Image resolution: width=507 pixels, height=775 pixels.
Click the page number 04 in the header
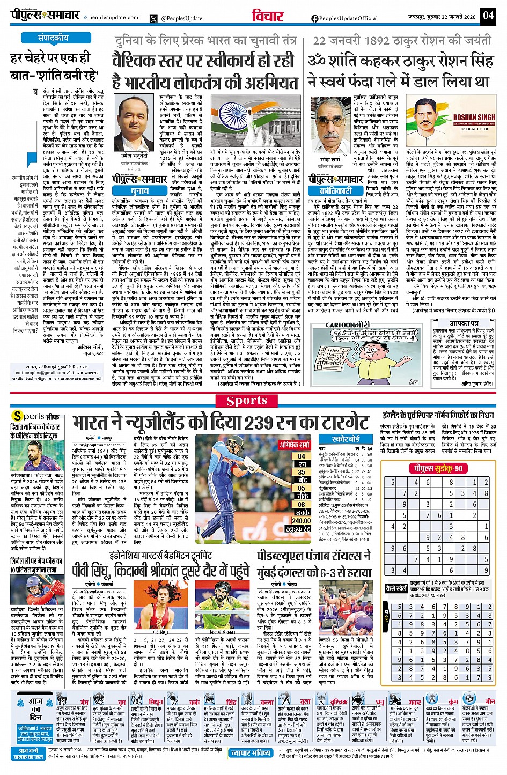pyautogui.click(x=488, y=15)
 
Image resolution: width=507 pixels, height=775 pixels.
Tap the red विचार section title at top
pyautogui.click(x=268, y=16)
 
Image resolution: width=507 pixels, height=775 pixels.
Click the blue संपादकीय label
pyautogui.click(x=53, y=38)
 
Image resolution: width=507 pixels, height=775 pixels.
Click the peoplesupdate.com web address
pyautogui.click(x=114, y=18)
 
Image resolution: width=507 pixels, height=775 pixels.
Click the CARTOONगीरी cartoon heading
pyautogui.click(x=348, y=324)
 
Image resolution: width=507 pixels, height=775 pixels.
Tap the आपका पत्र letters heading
pyautogui.click(x=464, y=324)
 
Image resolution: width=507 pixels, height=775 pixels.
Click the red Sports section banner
pyautogui.click(x=247, y=401)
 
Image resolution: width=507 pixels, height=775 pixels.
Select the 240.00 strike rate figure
pyautogui.click(x=302, y=520)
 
